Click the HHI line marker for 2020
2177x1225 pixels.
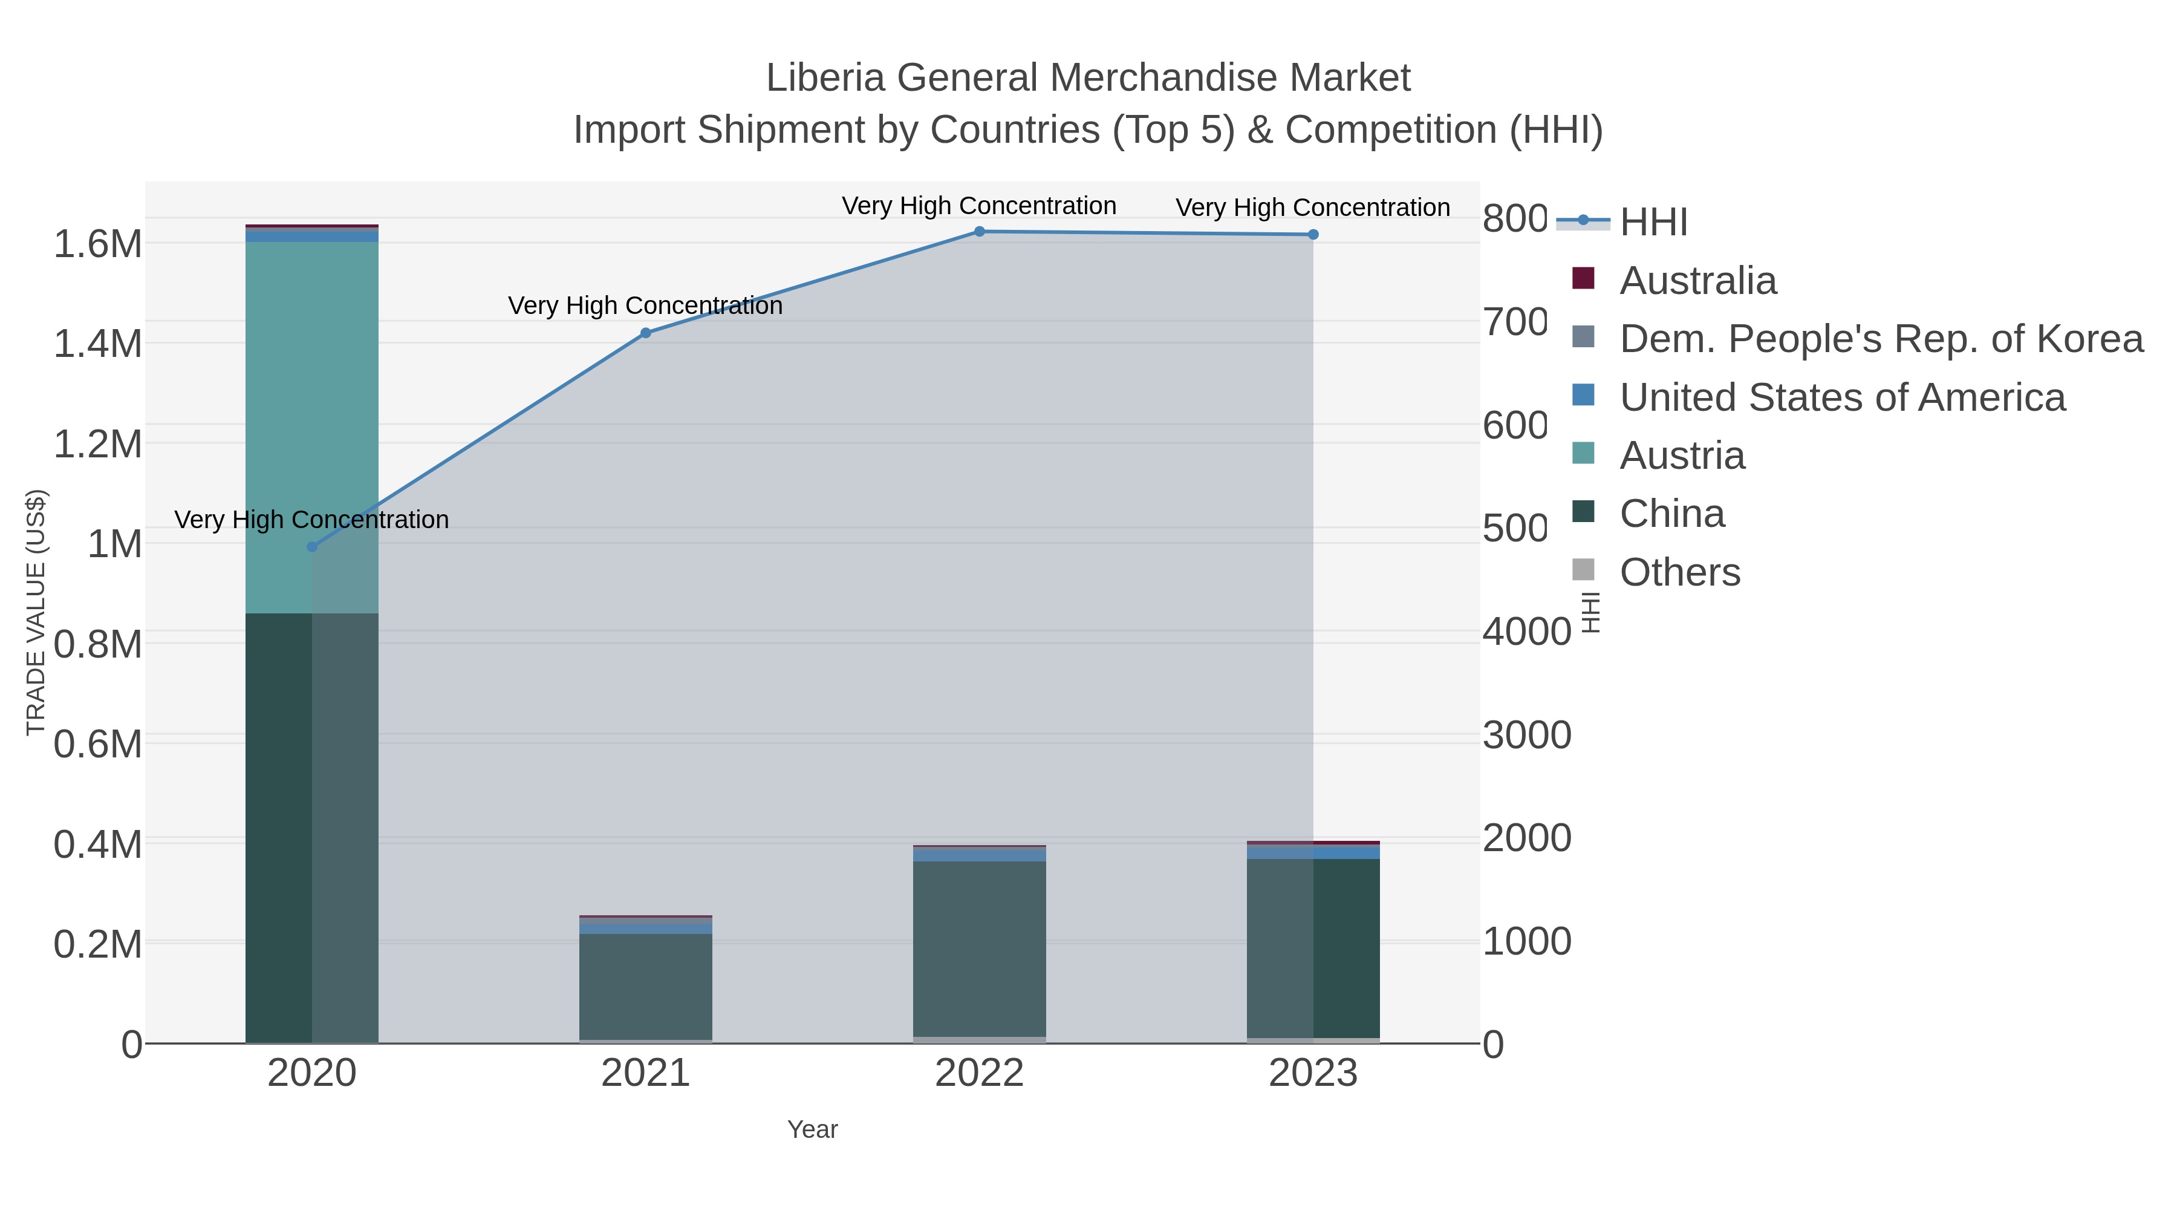[312, 547]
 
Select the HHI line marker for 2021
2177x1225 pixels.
[646, 333]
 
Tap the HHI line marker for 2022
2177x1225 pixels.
[980, 231]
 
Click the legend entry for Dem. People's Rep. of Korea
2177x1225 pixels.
[1880, 338]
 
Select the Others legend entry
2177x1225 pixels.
[1679, 572]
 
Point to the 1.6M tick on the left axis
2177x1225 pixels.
[98, 244]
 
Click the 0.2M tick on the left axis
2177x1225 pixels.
[98, 944]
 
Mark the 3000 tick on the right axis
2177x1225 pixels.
[1526, 734]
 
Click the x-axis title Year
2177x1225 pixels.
[812, 1129]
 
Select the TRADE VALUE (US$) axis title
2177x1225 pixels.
[36, 612]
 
